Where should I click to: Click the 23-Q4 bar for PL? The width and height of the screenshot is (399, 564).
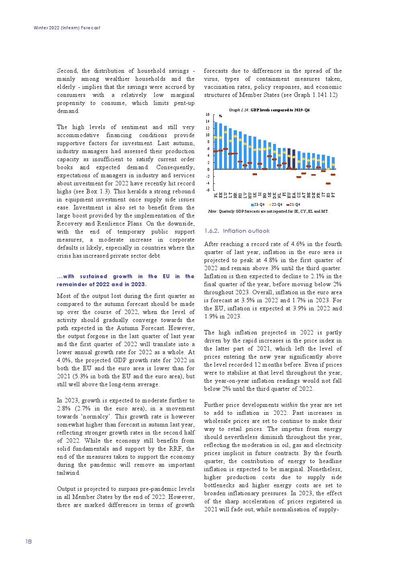(216, 146)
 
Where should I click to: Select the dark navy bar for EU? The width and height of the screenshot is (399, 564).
(289, 159)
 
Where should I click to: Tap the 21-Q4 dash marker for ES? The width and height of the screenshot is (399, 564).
(328, 183)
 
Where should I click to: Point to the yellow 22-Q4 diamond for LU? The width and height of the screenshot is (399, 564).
(226, 132)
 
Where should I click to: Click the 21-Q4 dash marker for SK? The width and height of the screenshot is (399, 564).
(255, 174)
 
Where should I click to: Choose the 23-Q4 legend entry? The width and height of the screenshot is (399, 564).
(258, 205)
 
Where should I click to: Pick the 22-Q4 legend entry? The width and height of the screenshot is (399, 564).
(276, 205)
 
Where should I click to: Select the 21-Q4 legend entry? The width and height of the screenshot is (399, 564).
(293, 205)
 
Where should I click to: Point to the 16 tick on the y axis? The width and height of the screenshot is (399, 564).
(208, 115)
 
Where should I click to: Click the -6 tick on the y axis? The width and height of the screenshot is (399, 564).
(208, 190)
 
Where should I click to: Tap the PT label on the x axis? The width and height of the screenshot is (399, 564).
(333, 195)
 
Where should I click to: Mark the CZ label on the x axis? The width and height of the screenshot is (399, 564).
(299, 195)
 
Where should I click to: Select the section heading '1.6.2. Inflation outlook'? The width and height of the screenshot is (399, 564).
(237, 231)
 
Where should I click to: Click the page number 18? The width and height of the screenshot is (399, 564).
(29, 541)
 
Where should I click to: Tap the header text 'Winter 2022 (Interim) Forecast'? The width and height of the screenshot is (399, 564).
(67, 28)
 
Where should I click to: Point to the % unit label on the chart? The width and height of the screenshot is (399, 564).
(220, 116)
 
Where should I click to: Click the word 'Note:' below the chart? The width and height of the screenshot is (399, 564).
(213, 211)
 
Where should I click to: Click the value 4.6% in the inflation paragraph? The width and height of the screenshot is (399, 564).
(277, 244)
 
